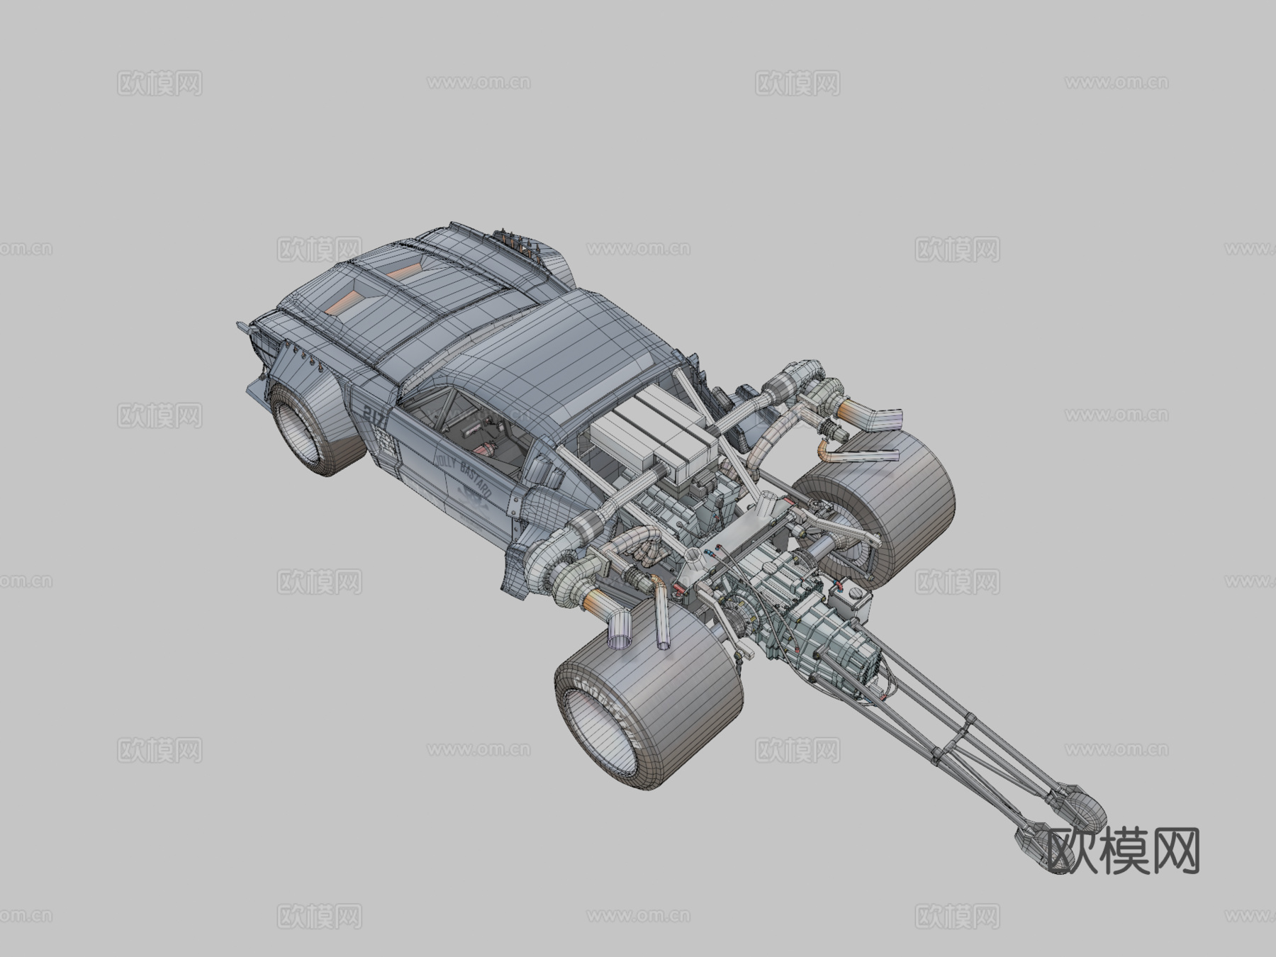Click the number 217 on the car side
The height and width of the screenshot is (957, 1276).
click(372, 416)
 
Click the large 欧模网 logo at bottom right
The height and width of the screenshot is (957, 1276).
click(1124, 851)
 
